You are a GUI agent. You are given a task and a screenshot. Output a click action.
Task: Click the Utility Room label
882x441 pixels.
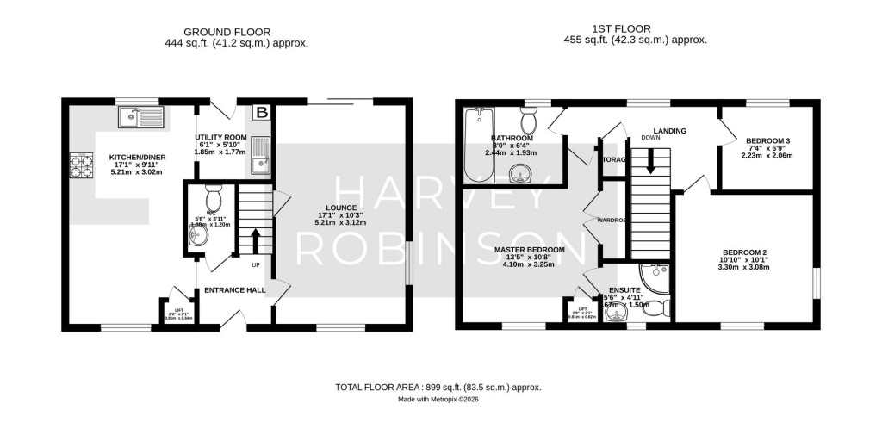220,138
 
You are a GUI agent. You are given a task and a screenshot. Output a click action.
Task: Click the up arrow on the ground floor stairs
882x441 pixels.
254,238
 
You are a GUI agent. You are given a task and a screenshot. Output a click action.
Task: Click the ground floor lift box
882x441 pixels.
179,311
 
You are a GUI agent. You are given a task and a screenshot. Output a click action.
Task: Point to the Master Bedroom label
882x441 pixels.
529,250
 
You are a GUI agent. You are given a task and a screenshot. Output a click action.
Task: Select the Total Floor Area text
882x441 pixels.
438,388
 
